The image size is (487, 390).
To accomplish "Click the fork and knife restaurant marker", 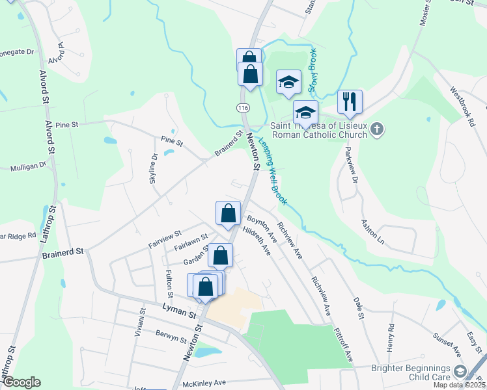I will click(x=350, y=101).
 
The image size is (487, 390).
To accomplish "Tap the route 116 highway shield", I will click(x=243, y=107).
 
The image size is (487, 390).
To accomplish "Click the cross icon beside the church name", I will click(x=376, y=130).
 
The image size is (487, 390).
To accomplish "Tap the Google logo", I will click(x=21, y=382).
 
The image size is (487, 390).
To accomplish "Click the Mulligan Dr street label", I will click(x=28, y=167).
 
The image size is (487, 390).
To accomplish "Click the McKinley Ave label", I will click(x=204, y=382).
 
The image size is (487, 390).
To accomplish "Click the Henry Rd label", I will click(x=391, y=334).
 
